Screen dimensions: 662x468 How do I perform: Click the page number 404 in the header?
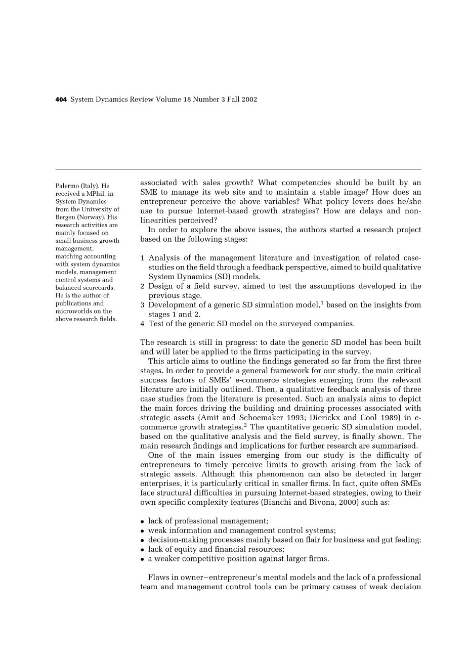pos(61,100)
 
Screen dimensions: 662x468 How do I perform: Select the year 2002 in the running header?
pos(249,100)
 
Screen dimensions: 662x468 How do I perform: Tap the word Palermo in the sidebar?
pos(67,186)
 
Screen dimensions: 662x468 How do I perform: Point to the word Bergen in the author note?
pos(65,217)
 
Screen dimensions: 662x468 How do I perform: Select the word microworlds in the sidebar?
pos(73,312)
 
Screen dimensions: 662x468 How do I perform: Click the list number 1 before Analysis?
pos(143,258)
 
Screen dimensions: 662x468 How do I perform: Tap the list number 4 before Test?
pos(143,324)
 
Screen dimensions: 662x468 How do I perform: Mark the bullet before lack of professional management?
pos(143,521)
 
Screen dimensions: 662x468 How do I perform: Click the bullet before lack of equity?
pos(143,550)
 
